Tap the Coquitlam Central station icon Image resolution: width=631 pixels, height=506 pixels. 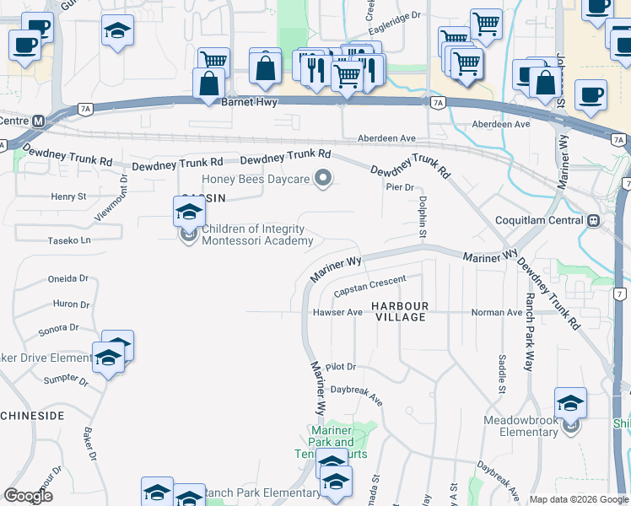(594, 221)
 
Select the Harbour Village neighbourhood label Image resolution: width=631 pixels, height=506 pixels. (402, 311)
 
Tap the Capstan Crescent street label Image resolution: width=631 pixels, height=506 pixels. (369, 285)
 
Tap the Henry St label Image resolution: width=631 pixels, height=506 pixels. (69, 196)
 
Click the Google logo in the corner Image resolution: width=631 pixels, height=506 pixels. (28, 496)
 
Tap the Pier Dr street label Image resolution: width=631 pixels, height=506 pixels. (399, 187)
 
